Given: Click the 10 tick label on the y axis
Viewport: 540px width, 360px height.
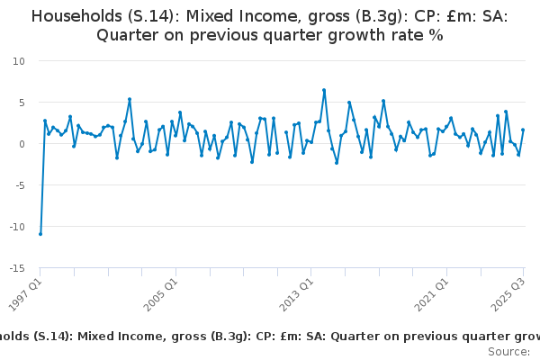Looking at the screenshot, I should [x=19, y=61].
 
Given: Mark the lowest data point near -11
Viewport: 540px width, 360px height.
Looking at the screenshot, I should [x=40, y=234].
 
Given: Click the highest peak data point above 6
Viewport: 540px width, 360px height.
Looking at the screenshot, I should [x=324, y=90].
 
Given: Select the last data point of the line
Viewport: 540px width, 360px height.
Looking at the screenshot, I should [x=523, y=130].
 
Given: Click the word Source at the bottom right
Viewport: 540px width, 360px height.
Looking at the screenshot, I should [x=508, y=351].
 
